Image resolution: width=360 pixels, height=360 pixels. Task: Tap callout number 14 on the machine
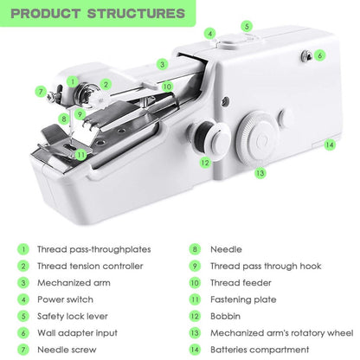point(330,145)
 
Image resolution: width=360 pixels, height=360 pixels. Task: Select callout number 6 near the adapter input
point(319,55)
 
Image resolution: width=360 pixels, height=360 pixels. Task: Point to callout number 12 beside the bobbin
point(205,162)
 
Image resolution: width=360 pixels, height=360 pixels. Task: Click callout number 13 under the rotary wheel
point(260,173)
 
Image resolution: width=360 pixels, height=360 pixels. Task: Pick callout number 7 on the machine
point(41,91)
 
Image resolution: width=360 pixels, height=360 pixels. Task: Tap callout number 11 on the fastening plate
point(80,155)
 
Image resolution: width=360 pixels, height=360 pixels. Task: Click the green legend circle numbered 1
point(22,248)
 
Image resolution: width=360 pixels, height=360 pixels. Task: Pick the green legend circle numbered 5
point(22,316)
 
